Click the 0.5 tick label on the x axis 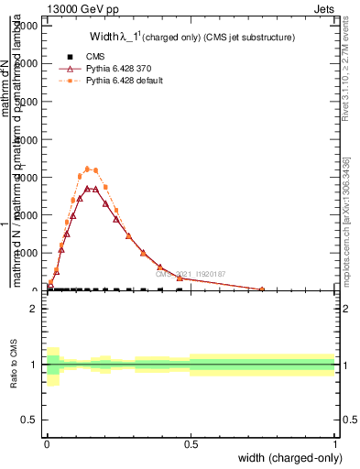(x=191, y=444)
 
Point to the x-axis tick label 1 (x=334, y=444)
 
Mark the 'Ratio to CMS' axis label (x=14, y=365)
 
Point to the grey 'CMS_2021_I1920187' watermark (x=194, y=274)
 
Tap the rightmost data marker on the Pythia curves (x=262, y=289)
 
